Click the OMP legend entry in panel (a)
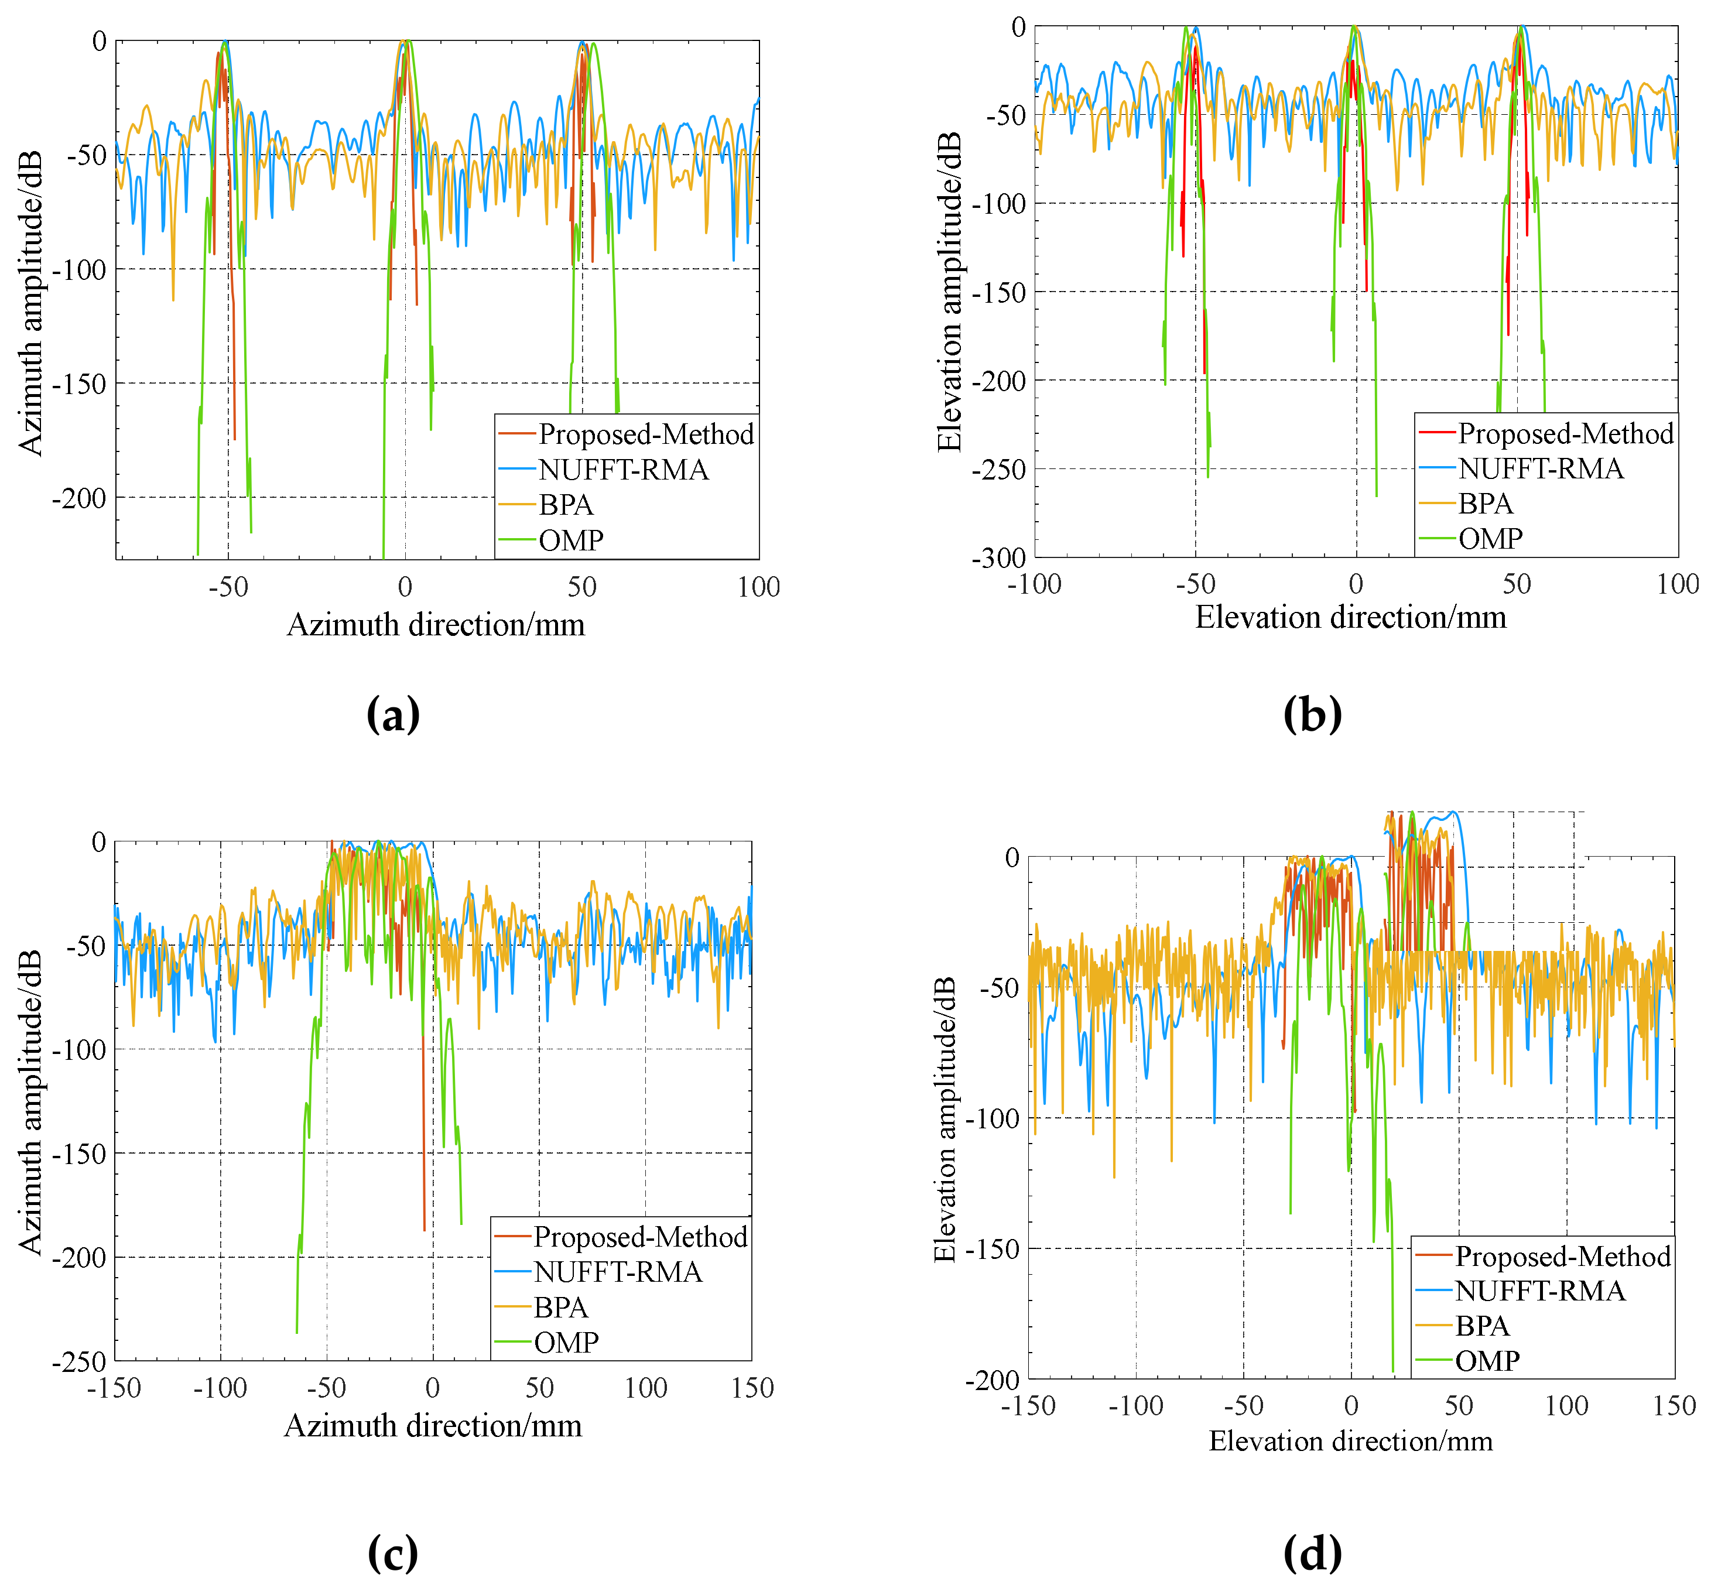[570, 540]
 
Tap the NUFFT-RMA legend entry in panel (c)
[618, 1272]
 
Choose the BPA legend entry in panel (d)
[1481, 1326]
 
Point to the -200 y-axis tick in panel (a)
[78, 498]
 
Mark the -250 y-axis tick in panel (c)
[78, 1362]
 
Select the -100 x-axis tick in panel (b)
[1034, 584]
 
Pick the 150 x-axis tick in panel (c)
[752, 1388]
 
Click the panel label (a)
[393, 714]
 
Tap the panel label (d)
[1312, 1553]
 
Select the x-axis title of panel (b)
[1350, 617]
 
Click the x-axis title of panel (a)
[436, 625]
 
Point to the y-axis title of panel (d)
[945, 1120]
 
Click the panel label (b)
[1312, 714]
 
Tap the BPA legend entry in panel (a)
[566, 505]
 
